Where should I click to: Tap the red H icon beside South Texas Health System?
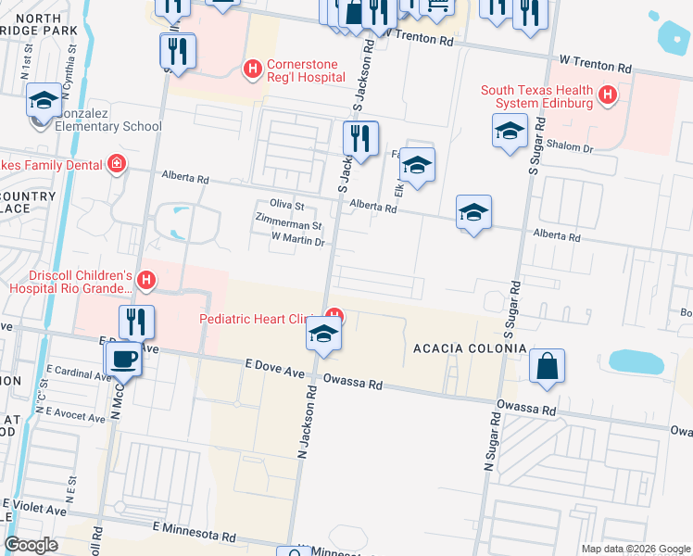pos(608,95)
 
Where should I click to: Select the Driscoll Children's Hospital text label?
pos(70,282)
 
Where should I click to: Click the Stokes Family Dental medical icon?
pos(117,165)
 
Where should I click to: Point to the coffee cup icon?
pos(123,358)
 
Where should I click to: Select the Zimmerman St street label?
pos(288,224)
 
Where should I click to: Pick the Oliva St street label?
pos(286,206)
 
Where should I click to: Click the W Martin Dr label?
pos(297,241)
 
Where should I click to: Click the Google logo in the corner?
pos(31,545)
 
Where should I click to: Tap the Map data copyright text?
pos(635,549)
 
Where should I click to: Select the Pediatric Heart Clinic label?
pos(253,319)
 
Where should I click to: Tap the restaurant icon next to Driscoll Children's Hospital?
pos(136,321)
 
